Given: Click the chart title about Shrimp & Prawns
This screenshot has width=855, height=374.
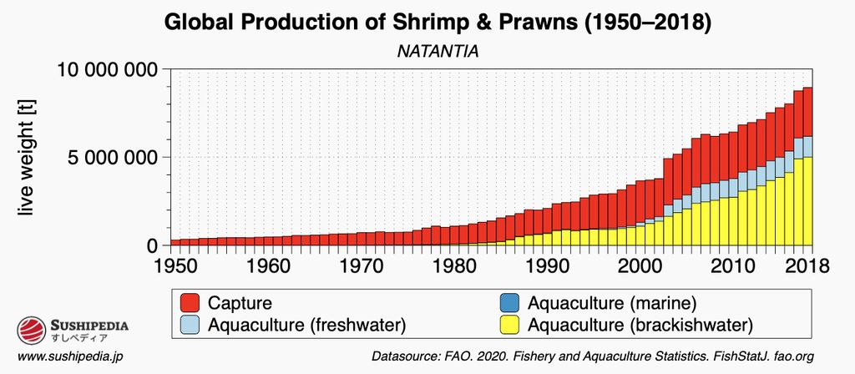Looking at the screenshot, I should pos(438,23).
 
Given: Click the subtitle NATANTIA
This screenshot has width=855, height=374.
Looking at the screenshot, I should pos(437,52).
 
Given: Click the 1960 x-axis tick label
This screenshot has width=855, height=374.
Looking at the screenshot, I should pos(265,266).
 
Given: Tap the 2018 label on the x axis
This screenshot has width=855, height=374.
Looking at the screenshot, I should pos(807,266).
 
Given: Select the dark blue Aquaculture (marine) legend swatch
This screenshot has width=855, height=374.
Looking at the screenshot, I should pos(507,302).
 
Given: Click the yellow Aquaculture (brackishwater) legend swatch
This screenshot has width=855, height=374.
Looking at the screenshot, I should pos(507,324).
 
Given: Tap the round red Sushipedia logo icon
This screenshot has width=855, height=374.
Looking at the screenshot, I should pos(29,331).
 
